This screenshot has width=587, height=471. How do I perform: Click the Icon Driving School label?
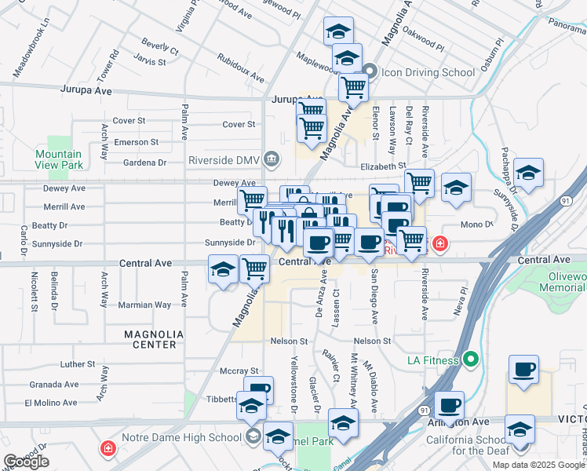[x=428, y=72]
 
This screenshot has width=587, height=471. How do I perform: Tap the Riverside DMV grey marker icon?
[x=271, y=159]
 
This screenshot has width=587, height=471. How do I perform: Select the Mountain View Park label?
[x=59, y=160]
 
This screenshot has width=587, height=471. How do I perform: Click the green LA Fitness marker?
[x=470, y=360]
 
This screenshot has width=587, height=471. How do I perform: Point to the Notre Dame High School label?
[x=183, y=436]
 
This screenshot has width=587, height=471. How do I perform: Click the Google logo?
[x=26, y=462]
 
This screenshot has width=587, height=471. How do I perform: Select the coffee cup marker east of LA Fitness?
[x=523, y=369]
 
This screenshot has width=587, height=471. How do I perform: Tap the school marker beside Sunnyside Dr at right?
[x=529, y=173]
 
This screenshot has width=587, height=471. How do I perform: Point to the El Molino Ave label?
[x=50, y=403]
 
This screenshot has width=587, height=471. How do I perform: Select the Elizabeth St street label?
[x=383, y=166]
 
